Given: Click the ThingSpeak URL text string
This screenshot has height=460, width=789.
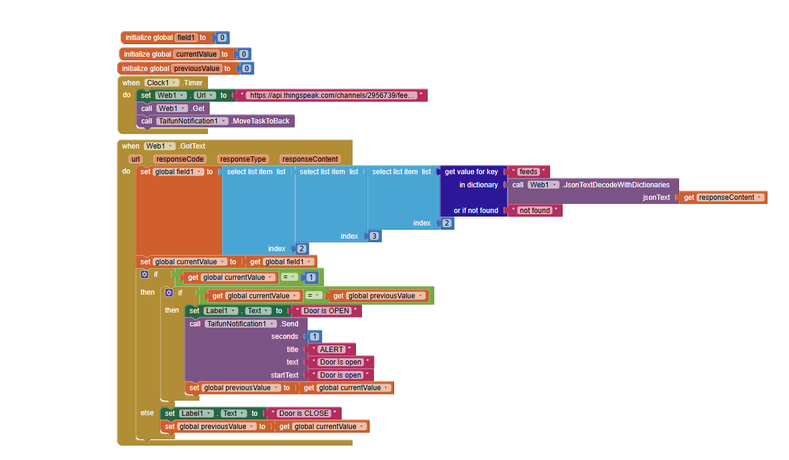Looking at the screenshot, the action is point(331,95).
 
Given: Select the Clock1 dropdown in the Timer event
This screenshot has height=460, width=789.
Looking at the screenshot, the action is point(161,83).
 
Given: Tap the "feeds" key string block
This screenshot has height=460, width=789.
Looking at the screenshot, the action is point(529,172).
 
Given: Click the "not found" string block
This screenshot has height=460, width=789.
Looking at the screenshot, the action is point(535,211).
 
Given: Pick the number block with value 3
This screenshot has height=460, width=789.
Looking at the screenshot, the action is point(374,236).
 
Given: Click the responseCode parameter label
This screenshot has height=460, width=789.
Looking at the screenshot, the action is point(180,159).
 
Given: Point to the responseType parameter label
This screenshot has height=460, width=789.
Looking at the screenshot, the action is point(242,159).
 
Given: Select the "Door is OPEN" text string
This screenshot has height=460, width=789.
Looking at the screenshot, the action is point(326,311).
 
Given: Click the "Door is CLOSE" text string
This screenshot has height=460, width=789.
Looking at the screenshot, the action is point(303,413).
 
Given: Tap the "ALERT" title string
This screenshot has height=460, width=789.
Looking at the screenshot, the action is point(331,350).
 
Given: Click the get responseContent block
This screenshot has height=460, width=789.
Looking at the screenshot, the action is point(723,197).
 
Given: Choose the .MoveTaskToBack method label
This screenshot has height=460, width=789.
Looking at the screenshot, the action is point(260,121).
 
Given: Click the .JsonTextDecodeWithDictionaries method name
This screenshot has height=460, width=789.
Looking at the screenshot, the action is point(616,185).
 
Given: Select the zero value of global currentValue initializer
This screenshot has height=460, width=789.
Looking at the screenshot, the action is point(244,54).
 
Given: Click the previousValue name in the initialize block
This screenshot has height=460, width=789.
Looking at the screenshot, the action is point(197,68).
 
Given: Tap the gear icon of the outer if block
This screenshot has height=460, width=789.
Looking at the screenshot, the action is point(145,274).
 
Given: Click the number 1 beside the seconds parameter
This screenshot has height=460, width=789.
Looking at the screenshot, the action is point(315,336).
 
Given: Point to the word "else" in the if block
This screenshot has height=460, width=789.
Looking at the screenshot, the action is point(147,413).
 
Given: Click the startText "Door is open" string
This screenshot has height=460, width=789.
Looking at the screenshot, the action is point(340,375).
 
